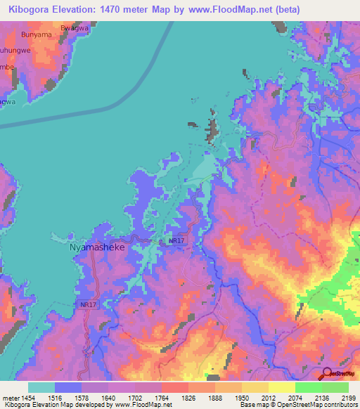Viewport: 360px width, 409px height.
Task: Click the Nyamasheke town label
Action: click(x=97, y=248)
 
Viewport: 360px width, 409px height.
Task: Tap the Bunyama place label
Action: click(x=37, y=34)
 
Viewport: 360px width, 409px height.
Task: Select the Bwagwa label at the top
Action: click(x=76, y=27)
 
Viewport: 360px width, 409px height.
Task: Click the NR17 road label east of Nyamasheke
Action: click(x=177, y=240)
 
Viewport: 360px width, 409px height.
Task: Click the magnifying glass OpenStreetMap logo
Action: click(x=326, y=373)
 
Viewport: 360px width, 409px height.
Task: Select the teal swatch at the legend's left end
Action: click(x=41, y=387)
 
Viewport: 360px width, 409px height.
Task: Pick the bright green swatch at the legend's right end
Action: click(x=335, y=387)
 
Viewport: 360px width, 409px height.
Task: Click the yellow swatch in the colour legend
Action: click(x=281, y=387)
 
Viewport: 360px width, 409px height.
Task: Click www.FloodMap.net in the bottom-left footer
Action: click(x=141, y=405)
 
